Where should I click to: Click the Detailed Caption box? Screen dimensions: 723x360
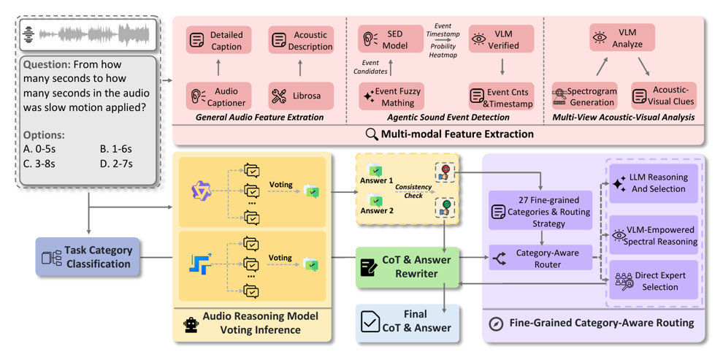click(218, 41)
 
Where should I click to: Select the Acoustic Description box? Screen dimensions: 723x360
click(301, 41)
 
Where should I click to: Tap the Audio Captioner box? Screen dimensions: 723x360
click(218, 96)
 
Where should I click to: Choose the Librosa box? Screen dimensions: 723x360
click(301, 96)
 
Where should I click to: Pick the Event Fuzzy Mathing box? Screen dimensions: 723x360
click(391, 96)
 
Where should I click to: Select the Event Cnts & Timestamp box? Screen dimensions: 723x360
click(501, 96)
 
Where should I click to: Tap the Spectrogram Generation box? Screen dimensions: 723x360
click(585, 96)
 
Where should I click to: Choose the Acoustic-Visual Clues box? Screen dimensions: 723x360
click(664, 96)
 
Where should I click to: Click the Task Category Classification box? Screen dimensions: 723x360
click(87, 257)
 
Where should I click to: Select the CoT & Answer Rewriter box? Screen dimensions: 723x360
click(408, 267)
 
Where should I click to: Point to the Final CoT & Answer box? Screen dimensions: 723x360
click(408, 321)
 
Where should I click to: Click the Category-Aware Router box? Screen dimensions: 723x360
click(540, 258)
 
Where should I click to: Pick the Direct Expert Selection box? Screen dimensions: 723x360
click(654, 280)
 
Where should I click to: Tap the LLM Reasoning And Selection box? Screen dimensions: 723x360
click(654, 183)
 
